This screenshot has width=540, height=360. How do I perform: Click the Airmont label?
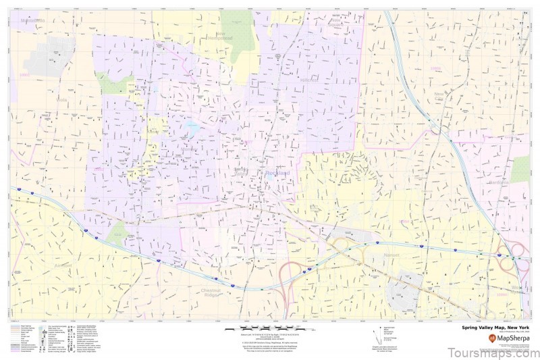click(61, 266)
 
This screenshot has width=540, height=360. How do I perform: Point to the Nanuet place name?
click(391, 255)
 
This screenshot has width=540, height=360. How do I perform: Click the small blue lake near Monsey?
click(192, 127)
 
